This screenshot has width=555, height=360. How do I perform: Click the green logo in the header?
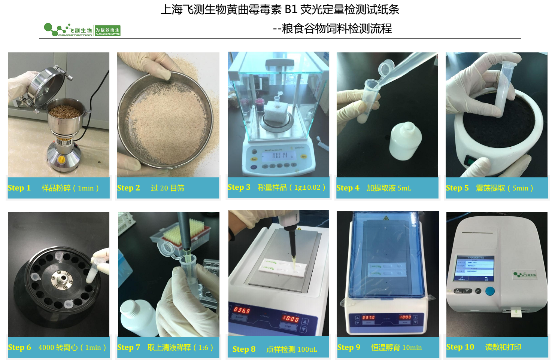[82, 30]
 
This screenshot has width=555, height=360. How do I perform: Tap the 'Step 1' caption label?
[19, 188]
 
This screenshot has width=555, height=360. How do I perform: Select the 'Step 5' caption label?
[457, 188]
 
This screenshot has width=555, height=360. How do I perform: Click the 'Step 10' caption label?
[460, 347]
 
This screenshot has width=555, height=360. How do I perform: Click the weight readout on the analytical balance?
[279, 155]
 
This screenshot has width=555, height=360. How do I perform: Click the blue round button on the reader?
[489, 291]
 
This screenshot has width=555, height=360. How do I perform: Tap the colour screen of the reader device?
[474, 268]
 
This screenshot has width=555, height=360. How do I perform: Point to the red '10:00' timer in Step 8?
[291, 319]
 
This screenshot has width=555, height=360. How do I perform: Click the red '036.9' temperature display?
[242, 310]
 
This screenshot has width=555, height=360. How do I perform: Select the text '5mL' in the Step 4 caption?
[404, 188]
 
